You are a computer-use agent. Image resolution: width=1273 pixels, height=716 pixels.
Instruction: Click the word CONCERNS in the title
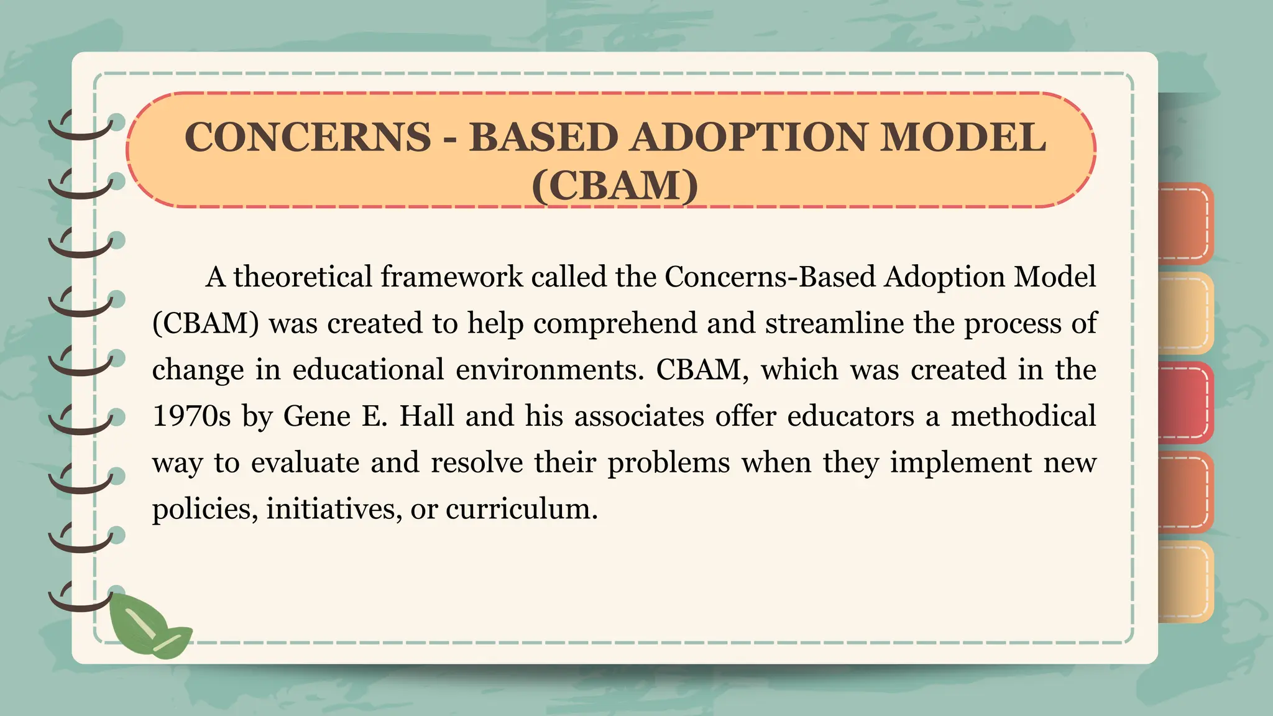click(x=307, y=137)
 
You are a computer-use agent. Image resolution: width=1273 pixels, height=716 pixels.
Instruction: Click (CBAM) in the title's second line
click(x=615, y=185)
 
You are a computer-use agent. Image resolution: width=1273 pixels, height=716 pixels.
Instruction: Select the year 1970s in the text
click(x=191, y=416)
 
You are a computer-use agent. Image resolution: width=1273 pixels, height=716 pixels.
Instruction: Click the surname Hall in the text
click(x=426, y=416)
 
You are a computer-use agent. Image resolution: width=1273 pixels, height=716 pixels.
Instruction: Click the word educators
click(x=850, y=416)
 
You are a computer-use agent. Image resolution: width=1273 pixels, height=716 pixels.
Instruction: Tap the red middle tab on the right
click(x=1184, y=402)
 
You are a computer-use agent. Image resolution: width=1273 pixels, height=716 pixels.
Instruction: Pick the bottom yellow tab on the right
click(x=1184, y=582)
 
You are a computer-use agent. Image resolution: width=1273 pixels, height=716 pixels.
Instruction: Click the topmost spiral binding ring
click(x=81, y=124)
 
